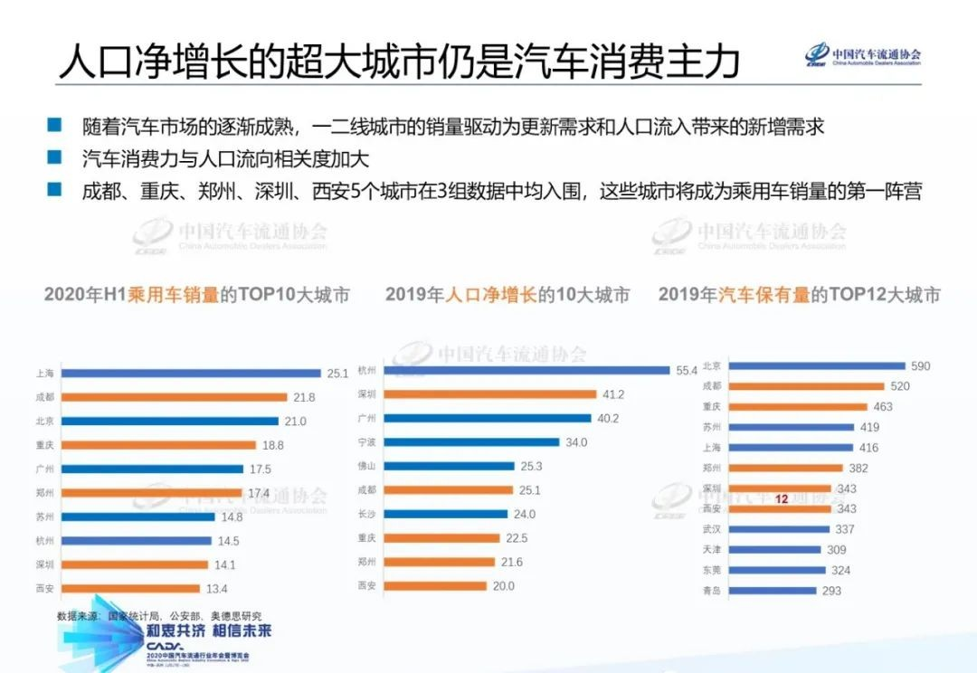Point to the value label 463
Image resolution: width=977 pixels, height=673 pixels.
coord(883,407)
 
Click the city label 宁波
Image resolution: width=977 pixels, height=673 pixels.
coord(367,442)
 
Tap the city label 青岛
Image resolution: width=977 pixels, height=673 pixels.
coord(711,591)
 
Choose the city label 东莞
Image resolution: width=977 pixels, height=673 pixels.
coord(711,570)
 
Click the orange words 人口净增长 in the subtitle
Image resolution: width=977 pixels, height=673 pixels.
coord(491,295)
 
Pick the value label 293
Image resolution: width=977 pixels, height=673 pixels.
coord(831,591)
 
